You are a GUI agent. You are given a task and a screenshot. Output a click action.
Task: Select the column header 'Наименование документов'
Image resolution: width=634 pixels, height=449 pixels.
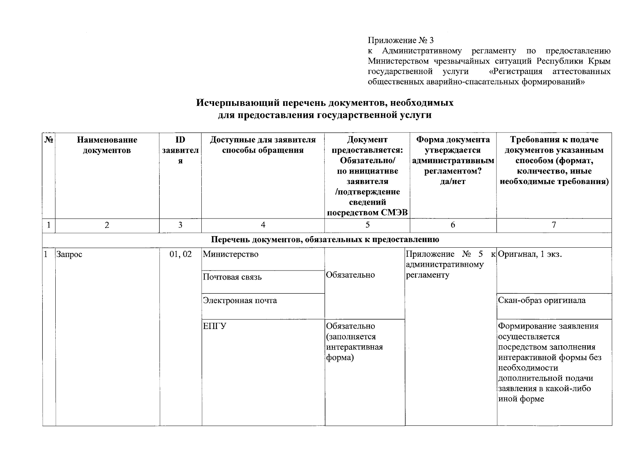tap(107, 145)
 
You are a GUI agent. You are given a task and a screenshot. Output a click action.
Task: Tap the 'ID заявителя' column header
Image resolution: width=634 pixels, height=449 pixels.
tap(180, 150)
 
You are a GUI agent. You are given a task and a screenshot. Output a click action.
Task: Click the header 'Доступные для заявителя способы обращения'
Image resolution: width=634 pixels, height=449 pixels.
tap(263, 145)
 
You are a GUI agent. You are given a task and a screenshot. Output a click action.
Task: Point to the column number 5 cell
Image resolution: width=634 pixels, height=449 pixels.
tap(367, 225)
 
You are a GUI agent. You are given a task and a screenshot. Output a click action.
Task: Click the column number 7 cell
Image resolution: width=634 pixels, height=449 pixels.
tap(554, 225)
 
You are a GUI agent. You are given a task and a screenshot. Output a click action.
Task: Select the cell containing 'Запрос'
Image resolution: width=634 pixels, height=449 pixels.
tap(69, 254)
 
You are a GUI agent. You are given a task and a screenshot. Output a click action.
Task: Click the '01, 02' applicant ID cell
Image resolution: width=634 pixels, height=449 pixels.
tap(180, 254)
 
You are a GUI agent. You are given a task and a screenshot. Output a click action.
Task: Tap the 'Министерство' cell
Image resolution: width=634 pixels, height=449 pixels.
tap(231, 254)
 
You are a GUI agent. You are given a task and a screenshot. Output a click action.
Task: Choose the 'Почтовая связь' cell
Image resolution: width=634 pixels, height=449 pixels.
tap(232, 277)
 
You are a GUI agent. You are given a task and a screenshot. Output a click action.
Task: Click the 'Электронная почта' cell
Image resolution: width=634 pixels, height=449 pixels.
tap(239, 300)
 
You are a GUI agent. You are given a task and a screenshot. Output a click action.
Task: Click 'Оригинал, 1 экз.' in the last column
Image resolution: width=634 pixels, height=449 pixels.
tap(530, 254)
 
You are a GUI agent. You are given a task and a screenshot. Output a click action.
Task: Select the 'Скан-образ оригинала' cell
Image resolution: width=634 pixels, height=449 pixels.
tap(542, 300)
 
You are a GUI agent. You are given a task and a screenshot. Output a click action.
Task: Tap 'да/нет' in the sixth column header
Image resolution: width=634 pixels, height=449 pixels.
tap(453, 181)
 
